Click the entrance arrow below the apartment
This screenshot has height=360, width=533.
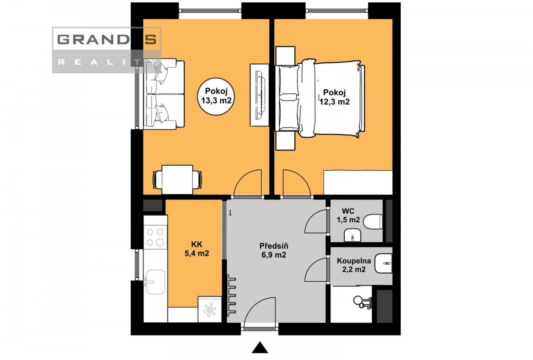(x=260, y=348)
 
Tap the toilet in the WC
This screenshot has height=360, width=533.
(x=373, y=221)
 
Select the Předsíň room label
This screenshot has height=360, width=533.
(x=274, y=250)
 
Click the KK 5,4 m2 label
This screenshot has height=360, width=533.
(x=197, y=249)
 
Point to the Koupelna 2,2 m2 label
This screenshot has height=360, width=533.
(x=354, y=265)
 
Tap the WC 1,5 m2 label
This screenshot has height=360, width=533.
(x=348, y=216)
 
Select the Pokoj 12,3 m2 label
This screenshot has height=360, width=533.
(x=334, y=97)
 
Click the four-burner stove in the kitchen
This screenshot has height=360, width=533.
(x=155, y=237)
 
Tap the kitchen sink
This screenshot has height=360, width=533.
(x=155, y=282)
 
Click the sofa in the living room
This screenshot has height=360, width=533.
(x=164, y=94)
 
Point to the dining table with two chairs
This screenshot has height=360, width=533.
(x=177, y=180)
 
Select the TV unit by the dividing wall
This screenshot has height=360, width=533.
(x=259, y=95)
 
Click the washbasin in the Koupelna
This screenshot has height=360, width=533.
(x=383, y=263)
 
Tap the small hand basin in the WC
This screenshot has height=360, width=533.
(x=353, y=236)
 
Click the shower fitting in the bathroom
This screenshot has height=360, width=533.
(x=362, y=302)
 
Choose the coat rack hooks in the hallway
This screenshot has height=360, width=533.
(x=231, y=295)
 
